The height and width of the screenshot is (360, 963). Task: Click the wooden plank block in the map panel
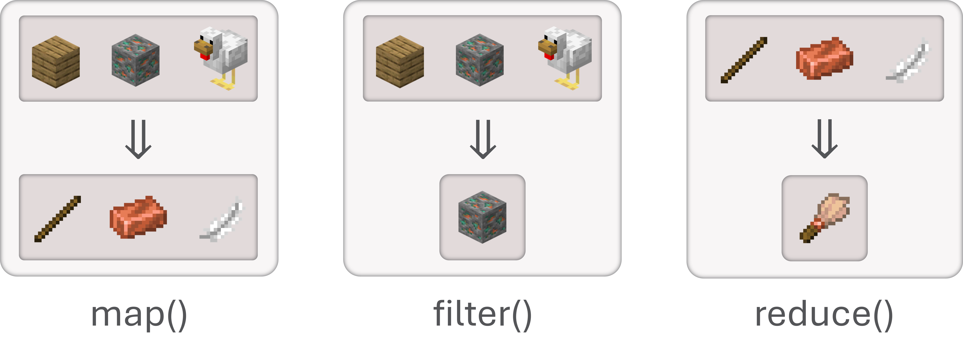pyautogui.click(x=56, y=62)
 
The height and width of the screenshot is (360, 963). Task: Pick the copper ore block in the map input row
pyautogui.click(x=135, y=60)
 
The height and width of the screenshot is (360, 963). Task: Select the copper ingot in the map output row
pyautogui.click(x=138, y=217)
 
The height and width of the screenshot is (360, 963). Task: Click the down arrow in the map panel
pyautogui.click(x=138, y=139)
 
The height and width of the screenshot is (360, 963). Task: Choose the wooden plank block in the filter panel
pyautogui.click(x=400, y=62)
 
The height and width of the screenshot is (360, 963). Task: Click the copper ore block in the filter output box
pyautogui.click(x=482, y=217)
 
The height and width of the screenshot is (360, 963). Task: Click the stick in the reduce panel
pyautogui.click(x=744, y=60)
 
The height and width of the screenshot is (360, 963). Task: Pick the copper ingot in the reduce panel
pyautogui.click(x=824, y=58)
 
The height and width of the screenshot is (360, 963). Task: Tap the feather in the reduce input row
pyautogui.click(x=908, y=60)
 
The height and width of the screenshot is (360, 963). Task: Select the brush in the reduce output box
pyautogui.click(x=824, y=218)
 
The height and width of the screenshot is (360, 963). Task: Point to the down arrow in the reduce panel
pyautogui.click(x=824, y=139)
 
